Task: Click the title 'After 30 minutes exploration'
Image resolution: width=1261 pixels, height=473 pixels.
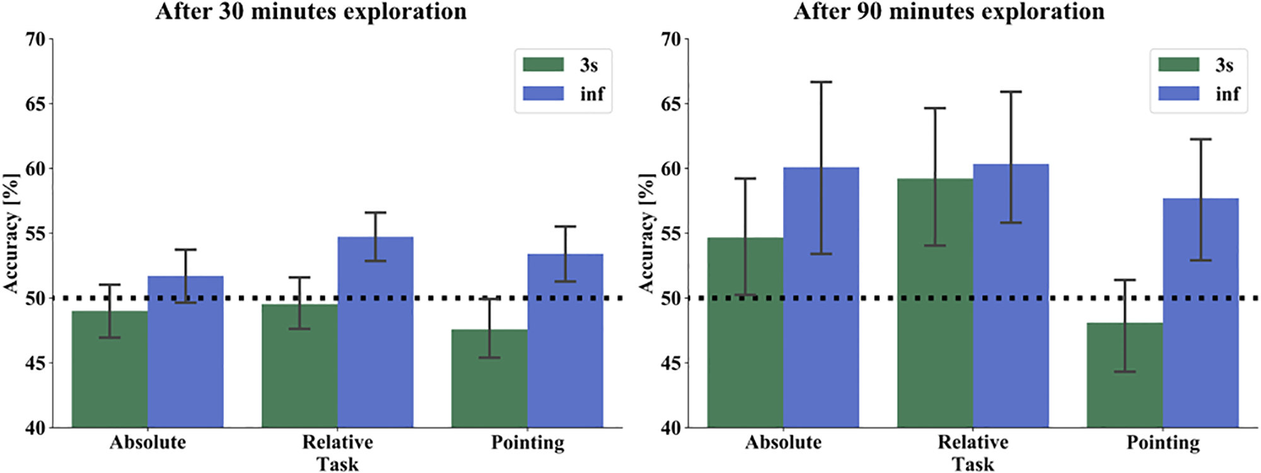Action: coord(311,11)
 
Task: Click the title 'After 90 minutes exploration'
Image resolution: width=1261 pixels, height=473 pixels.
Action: coord(948,11)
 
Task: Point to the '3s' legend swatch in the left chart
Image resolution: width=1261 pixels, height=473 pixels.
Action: coord(543,65)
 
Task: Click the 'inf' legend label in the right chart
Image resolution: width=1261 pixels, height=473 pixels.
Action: coord(1227,94)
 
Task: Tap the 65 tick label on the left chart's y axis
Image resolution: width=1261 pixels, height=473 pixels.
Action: coord(36,104)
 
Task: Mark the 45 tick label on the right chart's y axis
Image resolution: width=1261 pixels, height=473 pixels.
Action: coord(671,363)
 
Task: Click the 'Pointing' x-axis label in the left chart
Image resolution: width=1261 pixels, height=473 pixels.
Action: coord(528,443)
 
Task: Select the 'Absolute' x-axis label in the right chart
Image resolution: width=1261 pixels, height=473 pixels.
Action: coord(783,443)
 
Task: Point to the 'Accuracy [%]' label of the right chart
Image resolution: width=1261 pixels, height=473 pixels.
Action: coord(646,233)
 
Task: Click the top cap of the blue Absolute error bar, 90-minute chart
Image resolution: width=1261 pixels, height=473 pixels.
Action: coord(821,82)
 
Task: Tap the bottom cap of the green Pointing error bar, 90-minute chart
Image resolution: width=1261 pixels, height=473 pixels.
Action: coord(1125,371)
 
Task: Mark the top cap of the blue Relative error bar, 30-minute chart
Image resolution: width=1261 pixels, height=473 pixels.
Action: coord(375,213)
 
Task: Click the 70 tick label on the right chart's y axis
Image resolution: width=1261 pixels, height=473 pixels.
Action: coord(671,39)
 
